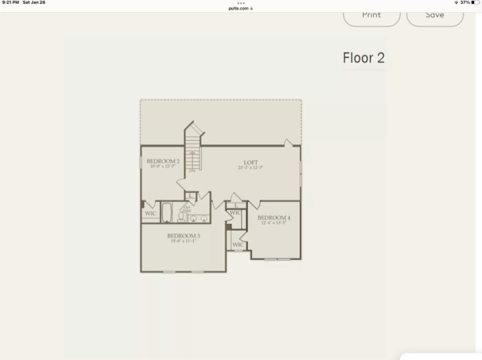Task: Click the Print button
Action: click(x=372, y=15)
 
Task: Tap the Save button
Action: click(x=434, y=15)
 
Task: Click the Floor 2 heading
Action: click(x=363, y=58)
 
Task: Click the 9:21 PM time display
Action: click(x=10, y=2)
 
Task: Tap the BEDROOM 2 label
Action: click(x=163, y=161)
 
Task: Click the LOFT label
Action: click(x=251, y=162)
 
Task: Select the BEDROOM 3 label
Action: click(x=184, y=236)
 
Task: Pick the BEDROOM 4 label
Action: click(x=274, y=218)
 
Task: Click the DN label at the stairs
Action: click(x=192, y=172)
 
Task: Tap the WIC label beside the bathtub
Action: click(x=150, y=213)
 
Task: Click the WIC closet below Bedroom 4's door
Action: click(x=237, y=245)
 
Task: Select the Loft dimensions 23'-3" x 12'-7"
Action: click(x=251, y=167)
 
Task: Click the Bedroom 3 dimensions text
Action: click(x=184, y=241)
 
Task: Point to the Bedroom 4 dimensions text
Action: click(x=274, y=223)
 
